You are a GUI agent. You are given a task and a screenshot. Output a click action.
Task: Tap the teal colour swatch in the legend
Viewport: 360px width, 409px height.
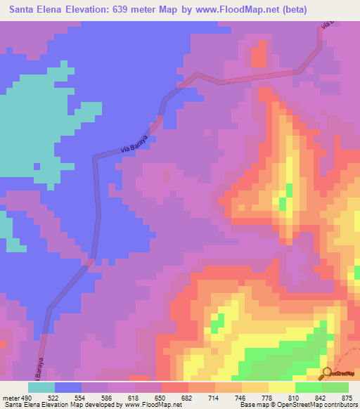point(41,387)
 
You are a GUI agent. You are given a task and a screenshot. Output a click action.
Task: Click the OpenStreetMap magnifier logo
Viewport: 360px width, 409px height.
point(327,372)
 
